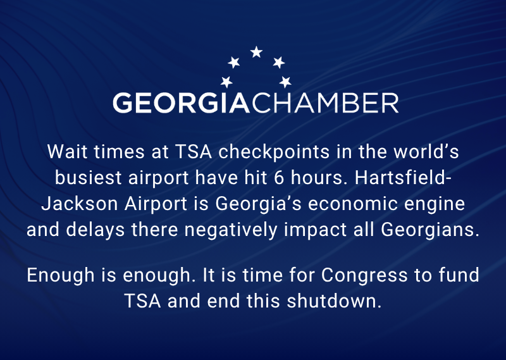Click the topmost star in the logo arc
tap(256, 53)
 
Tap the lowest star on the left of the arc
tap(226, 82)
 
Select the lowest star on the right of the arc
tap(285, 82)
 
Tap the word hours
tap(311, 178)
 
